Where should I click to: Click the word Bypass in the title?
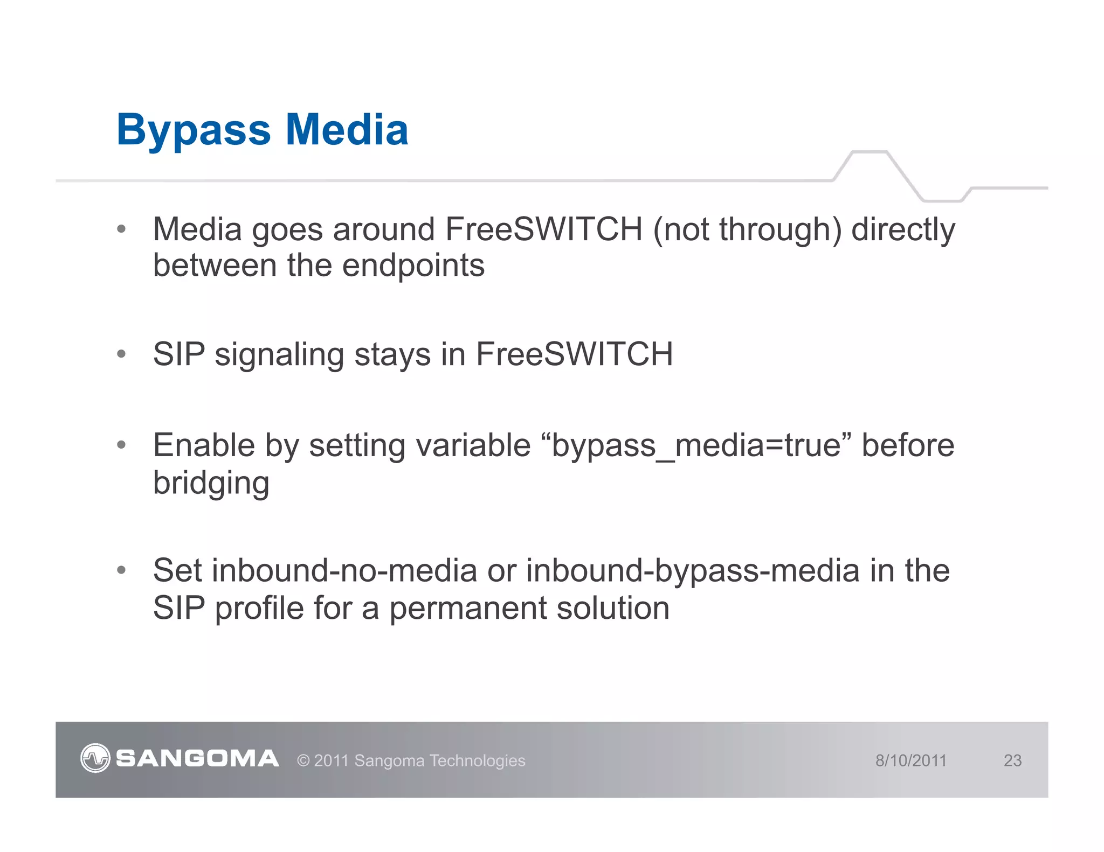point(193,131)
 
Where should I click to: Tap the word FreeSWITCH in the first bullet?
point(543,229)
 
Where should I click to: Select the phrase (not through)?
point(747,230)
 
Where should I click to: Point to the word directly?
point(903,230)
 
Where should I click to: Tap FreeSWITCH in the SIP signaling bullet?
point(574,354)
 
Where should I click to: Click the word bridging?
point(211,483)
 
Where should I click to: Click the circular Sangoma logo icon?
point(95,758)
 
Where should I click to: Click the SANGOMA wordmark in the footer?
point(197,758)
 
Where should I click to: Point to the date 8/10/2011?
point(910,760)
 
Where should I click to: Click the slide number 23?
point(1012,760)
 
